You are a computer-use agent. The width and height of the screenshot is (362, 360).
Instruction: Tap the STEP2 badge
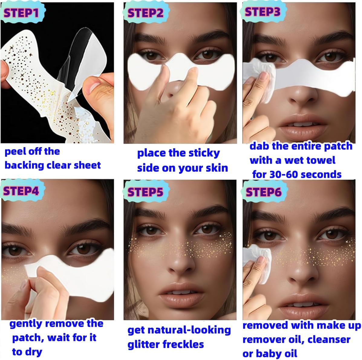coord(145,13)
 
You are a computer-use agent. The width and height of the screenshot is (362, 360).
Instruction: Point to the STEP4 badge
coord(21,191)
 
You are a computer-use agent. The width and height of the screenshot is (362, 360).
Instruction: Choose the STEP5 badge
coord(145,192)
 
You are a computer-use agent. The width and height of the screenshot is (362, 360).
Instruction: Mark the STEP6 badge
coord(263,192)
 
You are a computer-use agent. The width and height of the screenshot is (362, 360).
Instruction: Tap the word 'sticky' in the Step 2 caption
coord(204,153)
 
